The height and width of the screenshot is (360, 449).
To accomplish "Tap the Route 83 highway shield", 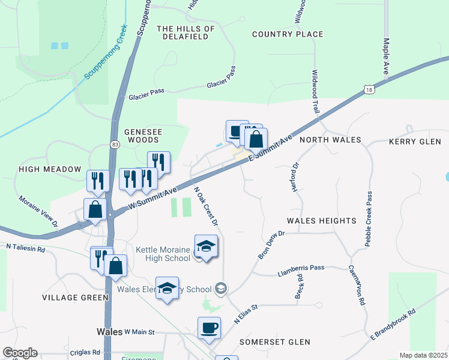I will pyautogui.click(x=114, y=144).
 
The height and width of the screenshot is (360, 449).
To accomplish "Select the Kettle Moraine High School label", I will pyautogui.click(x=163, y=254).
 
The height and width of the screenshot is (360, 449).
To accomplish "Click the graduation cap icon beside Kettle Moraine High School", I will pyautogui.click(x=206, y=247).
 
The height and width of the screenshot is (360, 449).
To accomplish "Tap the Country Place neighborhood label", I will pyautogui.click(x=288, y=34).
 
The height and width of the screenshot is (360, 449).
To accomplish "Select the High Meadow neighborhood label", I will pyautogui.click(x=50, y=169).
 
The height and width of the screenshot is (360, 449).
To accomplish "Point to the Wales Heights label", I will pyautogui.click(x=321, y=221).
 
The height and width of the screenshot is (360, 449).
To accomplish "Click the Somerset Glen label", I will pyautogui.click(x=275, y=342).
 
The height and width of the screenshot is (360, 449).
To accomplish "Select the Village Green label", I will pyautogui.click(x=75, y=298).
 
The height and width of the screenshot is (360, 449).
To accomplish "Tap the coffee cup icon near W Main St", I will pyautogui.click(x=209, y=328).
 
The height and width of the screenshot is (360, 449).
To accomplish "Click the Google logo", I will pyautogui.click(x=20, y=353).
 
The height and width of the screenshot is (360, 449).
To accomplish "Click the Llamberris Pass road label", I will pyautogui.click(x=301, y=268).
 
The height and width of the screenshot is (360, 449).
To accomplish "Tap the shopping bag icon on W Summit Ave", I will pyautogui.click(x=95, y=210).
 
